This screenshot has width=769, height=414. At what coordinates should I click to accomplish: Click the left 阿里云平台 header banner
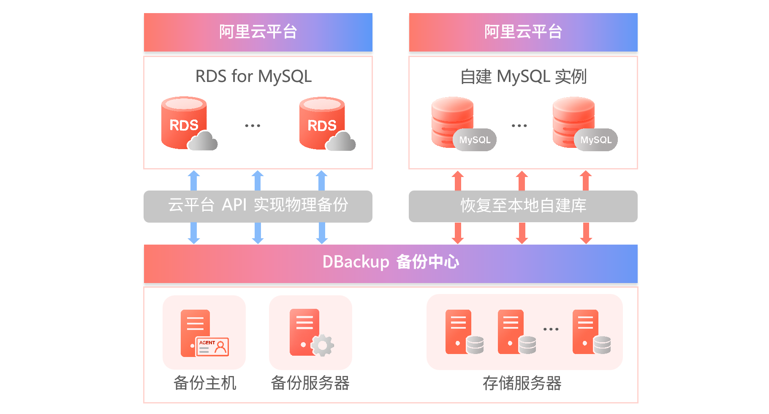coord(258,32)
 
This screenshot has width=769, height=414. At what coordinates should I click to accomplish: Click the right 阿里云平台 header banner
coord(523,32)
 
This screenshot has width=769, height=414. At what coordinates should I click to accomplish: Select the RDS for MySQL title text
coord(253,76)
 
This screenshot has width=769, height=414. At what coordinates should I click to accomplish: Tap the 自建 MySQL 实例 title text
coord(523,76)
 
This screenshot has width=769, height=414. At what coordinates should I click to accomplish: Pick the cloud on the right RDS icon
coord(341,142)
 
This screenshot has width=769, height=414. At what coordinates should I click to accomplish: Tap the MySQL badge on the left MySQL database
coord(475,140)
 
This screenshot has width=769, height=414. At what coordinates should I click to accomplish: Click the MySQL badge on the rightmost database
coord(595,140)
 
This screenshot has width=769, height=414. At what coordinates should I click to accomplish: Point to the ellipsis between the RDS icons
coord(253,125)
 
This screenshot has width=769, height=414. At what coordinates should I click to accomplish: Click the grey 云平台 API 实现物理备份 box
coord(258,206)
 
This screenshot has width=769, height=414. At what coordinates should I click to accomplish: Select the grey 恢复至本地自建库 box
coord(523,206)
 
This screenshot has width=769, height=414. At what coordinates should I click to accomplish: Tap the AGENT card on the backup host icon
coord(212,347)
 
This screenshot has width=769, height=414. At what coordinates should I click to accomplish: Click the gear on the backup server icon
coord(323,346)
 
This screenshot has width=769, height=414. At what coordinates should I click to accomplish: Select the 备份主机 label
coord(205,383)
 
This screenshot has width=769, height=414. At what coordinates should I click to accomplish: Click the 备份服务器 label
coord(310,383)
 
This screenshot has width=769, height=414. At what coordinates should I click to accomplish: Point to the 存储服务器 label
coord(522,383)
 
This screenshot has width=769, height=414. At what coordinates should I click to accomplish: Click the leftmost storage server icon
coord(459,332)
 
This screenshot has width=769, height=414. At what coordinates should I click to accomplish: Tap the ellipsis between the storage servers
coord(551,329)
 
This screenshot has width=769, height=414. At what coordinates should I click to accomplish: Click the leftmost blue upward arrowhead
coord(194,174)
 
